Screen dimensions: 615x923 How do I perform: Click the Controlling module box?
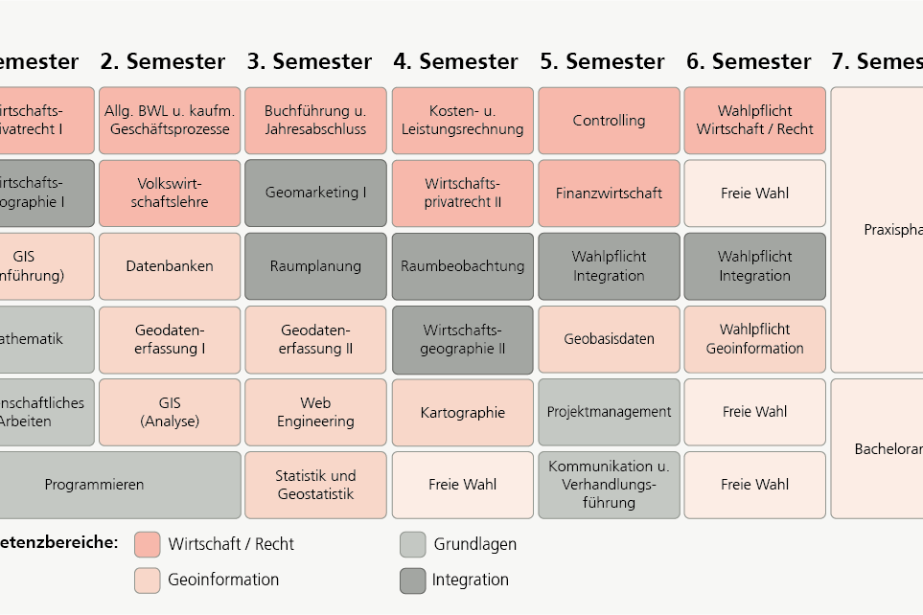[x=609, y=121]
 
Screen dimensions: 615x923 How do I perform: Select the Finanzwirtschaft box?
[x=609, y=194]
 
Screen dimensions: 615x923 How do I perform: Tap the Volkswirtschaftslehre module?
[x=170, y=194]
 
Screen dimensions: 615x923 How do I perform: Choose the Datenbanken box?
[x=170, y=266]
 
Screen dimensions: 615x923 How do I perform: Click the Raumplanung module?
[x=315, y=266]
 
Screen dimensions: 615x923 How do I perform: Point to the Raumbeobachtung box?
[x=462, y=266]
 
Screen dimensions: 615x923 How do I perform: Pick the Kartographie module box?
[x=462, y=413]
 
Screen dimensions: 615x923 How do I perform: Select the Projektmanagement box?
[x=609, y=412]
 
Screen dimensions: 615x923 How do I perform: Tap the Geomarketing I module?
[x=315, y=194]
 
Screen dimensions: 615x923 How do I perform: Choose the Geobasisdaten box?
[x=609, y=339]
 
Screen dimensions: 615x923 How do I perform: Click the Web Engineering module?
[x=315, y=412]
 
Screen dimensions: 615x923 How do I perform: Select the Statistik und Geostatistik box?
[x=315, y=485]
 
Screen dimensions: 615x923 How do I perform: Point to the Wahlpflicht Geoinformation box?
[x=754, y=339]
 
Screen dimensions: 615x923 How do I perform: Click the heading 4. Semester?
[x=455, y=62]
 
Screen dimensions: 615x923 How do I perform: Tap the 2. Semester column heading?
[x=163, y=62]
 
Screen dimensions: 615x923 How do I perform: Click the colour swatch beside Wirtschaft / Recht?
[x=147, y=544]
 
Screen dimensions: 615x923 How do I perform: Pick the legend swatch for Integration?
[x=412, y=581]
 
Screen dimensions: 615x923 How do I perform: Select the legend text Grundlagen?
[x=474, y=544]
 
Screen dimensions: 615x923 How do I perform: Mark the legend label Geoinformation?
[x=223, y=580]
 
